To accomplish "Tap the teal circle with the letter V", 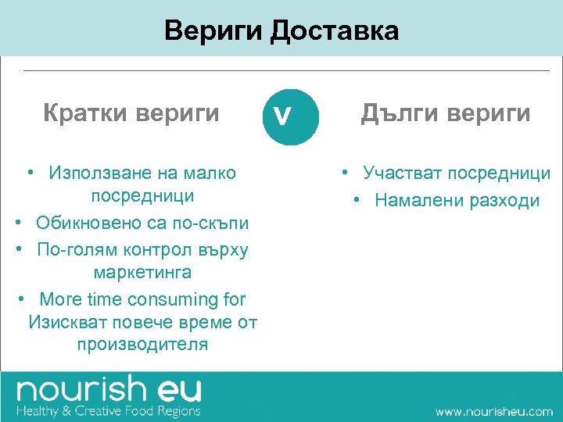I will [291, 116].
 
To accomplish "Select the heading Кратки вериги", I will [131, 114].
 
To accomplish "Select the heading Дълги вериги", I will [445, 114].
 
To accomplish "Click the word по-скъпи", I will [210, 223].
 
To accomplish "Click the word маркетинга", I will [142, 273].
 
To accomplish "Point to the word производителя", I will [142, 344].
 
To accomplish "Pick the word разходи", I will [504, 200].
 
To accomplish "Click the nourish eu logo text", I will [109, 390].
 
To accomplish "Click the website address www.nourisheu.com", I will [493, 411].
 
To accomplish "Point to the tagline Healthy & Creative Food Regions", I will [109, 410].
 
